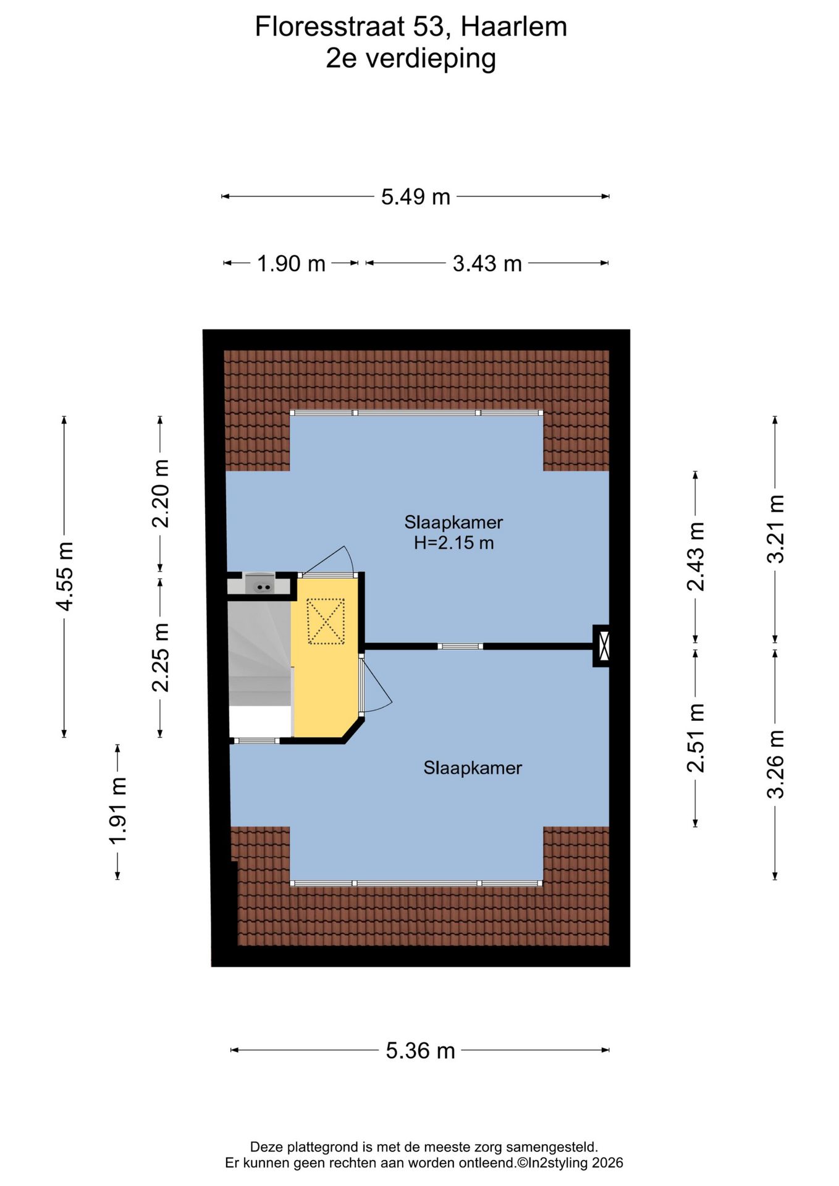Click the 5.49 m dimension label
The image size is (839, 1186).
tap(415, 197)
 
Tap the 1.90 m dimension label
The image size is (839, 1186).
tap(291, 264)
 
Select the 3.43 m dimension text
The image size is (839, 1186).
tap(487, 264)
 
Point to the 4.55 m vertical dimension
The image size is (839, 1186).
tap(65, 576)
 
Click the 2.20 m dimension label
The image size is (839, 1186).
tap(161, 494)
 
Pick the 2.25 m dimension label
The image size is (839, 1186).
tap(161, 657)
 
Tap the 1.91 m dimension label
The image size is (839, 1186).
tap(118, 811)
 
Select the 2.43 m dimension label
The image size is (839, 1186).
tap(696, 556)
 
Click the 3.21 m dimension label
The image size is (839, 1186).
tap(775, 529)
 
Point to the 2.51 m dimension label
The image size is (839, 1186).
tap(696, 738)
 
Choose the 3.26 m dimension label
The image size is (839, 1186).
tap(775, 764)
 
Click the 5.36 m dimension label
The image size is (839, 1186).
tap(420, 1051)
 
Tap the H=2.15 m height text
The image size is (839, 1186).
tap(453, 543)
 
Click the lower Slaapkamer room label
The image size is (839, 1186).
tap(473, 768)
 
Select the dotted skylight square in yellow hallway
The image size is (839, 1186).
tap(326, 621)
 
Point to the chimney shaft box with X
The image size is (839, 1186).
tap(602, 646)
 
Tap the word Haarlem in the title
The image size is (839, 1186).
tap(513, 27)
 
